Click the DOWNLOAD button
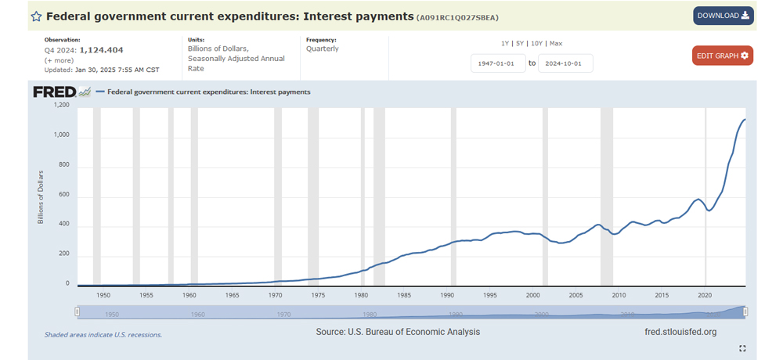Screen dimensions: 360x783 pyautogui.click(x=723, y=16)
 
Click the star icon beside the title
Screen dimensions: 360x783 pyautogui.click(x=36, y=16)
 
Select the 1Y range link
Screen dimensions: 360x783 pyautogui.click(x=506, y=43)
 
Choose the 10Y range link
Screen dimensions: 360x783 pyautogui.click(x=536, y=43)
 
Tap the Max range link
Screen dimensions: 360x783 pyautogui.click(x=556, y=43)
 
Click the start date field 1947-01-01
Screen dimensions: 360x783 pyautogui.click(x=498, y=63)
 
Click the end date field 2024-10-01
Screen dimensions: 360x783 pyautogui.click(x=565, y=63)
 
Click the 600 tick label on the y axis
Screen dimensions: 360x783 pyautogui.click(x=63, y=195)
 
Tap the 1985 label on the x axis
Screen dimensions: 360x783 pyautogui.click(x=404, y=295)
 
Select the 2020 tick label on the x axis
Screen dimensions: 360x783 pyautogui.click(x=705, y=295)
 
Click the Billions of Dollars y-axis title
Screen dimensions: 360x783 pyautogui.click(x=41, y=196)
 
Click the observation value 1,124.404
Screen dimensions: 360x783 pyautogui.click(x=102, y=49)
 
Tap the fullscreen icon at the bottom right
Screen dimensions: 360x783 pyautogui.click(x=742, y=348)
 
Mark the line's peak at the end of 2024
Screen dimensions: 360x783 pyautogui.click(x=745, y=119)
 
